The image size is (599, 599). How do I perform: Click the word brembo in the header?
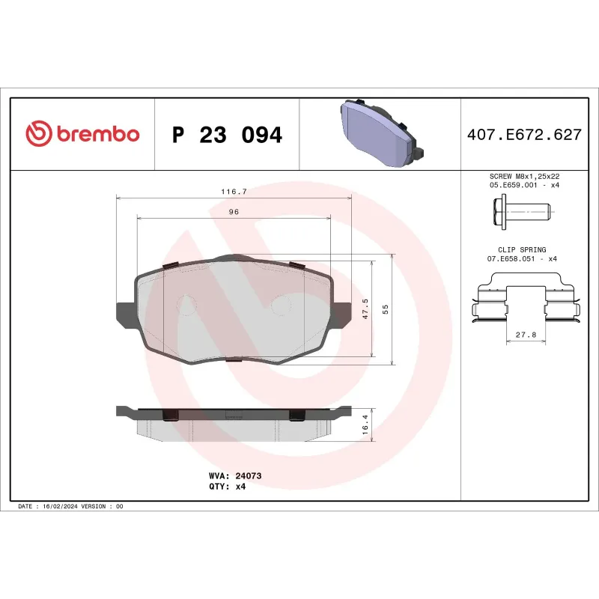97,135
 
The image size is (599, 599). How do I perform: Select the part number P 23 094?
227,136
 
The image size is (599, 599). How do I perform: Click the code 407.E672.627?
524,136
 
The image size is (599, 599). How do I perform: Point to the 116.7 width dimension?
234,192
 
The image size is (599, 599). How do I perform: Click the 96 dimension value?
234,212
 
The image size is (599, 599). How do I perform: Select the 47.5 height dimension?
365,310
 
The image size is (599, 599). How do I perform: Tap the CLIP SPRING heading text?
522,249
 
